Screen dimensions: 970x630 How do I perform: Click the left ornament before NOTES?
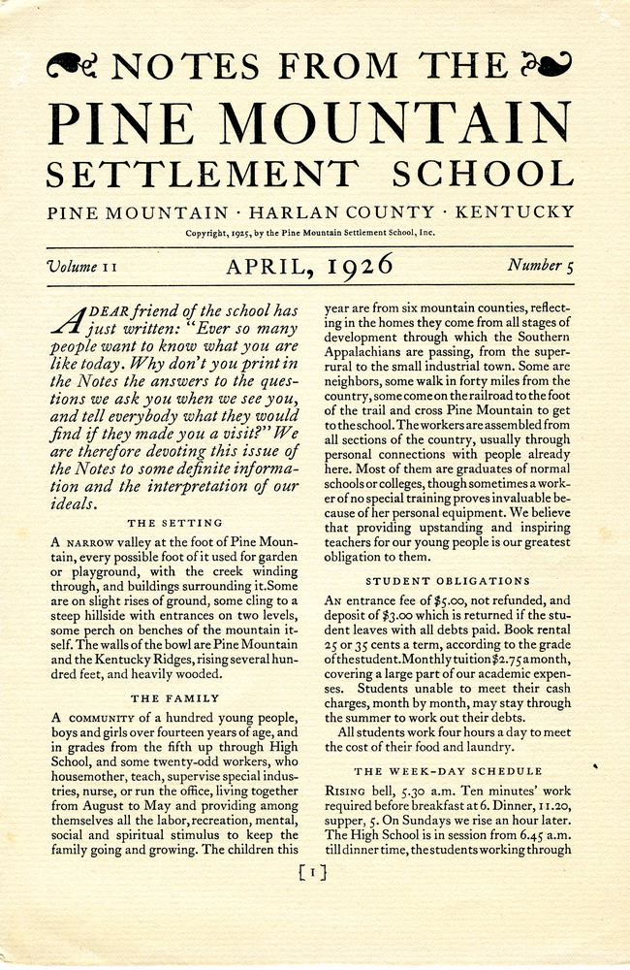(x=72, y=65)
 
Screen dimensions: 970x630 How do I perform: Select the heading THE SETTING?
(x=174, y=523)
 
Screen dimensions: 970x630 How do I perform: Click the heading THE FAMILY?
(x=174, y=697)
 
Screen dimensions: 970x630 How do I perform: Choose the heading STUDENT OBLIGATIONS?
(x=447, y=581)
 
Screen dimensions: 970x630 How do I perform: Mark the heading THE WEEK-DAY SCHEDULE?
(x=448, y=771)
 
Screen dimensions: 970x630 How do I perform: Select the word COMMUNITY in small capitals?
(x=99, y=718)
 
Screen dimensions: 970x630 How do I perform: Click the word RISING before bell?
(x=346, y=792)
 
